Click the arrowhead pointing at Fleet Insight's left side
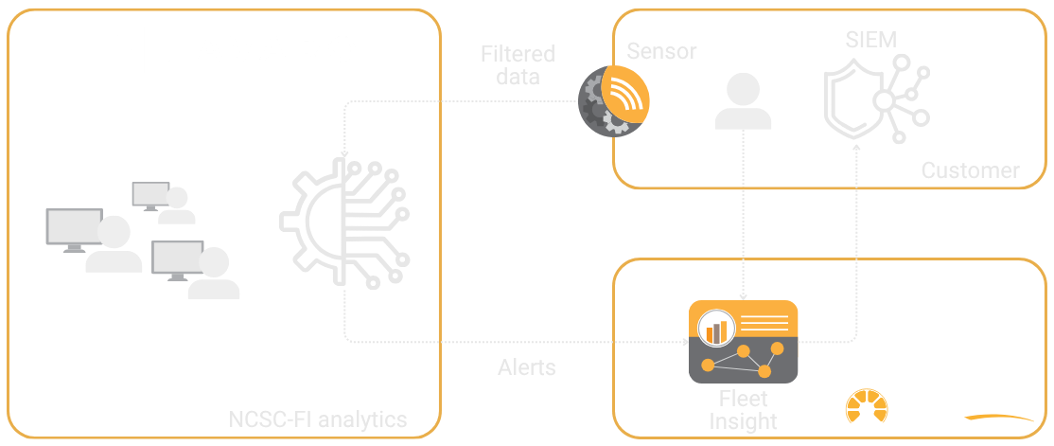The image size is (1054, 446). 688,341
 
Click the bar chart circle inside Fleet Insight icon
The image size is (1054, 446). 716,330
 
